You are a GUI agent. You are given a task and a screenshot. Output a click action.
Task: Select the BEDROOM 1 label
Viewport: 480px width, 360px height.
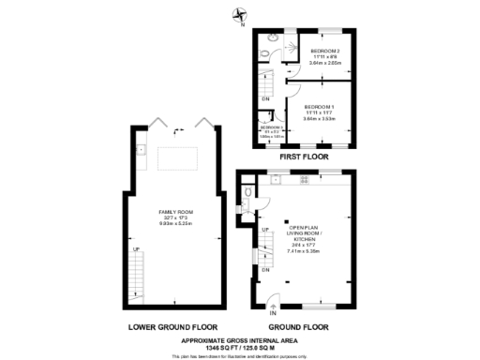click(320, 106)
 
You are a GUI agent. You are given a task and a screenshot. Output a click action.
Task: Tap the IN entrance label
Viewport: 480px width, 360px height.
click(273, 312)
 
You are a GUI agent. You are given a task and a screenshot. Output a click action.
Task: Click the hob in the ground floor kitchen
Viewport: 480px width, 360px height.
click(303, 183)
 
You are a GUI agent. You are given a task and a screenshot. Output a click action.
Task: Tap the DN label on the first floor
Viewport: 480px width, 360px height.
click(265, 98)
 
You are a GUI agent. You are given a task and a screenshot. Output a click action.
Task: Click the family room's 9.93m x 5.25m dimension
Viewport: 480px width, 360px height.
click(172, 222)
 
